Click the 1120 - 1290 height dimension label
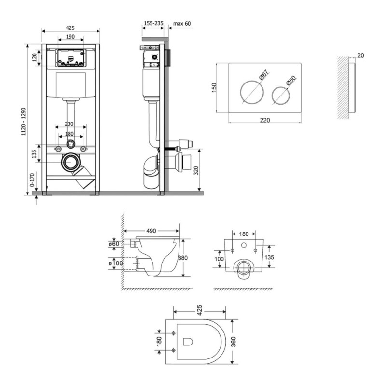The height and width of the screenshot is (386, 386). tap(24, 122)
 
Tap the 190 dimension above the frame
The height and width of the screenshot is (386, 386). tap(70, 37)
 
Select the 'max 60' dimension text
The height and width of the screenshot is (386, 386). tap(182, 24)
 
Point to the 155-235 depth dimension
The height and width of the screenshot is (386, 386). tap(153, 23)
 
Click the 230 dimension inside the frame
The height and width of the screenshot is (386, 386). tap(69, 124)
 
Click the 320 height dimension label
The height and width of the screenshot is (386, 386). tap(196, 171)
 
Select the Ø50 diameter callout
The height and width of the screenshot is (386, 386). tap(291, 81)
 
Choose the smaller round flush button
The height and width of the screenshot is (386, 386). tap(281, 95)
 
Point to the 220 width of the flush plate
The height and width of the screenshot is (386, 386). tap(265, 120)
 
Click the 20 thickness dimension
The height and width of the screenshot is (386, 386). tap(360, 55)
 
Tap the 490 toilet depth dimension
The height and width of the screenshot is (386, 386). tap(151, 231)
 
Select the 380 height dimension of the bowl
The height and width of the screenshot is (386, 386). tap(182, 258)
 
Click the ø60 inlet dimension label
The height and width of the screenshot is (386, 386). tap(114, 244)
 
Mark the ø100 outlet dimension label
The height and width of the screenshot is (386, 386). tap(116, 263)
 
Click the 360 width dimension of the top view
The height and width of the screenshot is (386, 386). tap(234, 342)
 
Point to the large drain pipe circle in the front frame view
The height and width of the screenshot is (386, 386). tap(71, 162)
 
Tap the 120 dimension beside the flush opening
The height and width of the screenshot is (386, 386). tap(34, 57)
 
